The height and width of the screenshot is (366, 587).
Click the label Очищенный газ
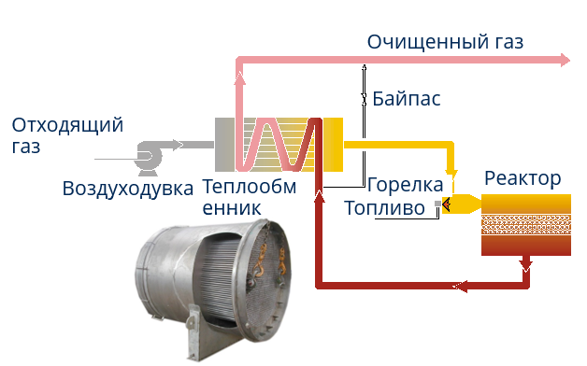(x=445, y=42)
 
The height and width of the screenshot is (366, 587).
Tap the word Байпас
(x=406, y=98)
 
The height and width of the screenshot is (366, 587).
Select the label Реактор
(x=523, y=178)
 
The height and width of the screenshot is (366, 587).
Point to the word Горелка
(x=405, y=185)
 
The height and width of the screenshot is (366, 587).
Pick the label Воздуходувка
(x=128, y=188)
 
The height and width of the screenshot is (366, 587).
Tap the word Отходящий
(x=67, y=125)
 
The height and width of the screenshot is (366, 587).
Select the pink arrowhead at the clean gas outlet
(x=564, y=61)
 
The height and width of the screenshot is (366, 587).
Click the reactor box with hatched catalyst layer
(x=525, y=224)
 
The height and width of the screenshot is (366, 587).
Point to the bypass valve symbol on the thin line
(x=364, y=98)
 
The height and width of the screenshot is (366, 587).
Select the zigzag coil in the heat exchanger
(x=279, y=144)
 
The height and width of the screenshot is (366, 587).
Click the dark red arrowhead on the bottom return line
(x=457, y=285)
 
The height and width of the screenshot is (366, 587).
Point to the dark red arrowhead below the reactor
(x=525, y=268)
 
